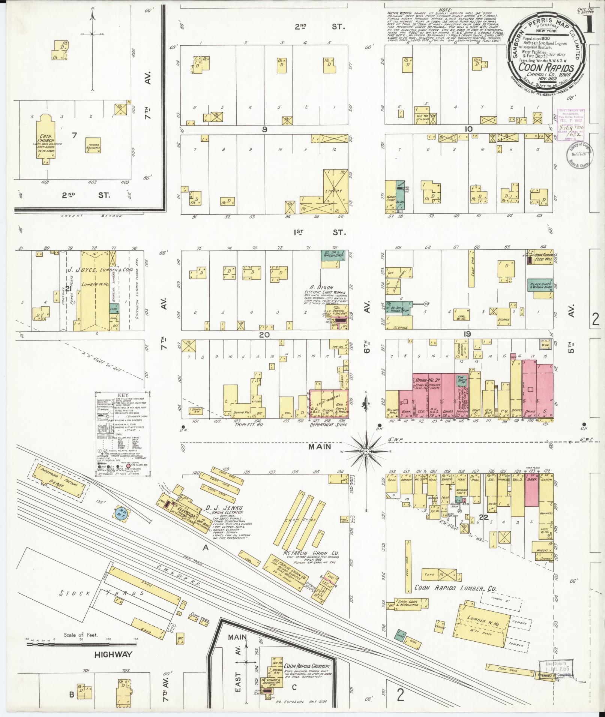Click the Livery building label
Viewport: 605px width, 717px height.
pos(333,191)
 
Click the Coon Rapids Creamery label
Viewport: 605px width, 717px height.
pos(307,666)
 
